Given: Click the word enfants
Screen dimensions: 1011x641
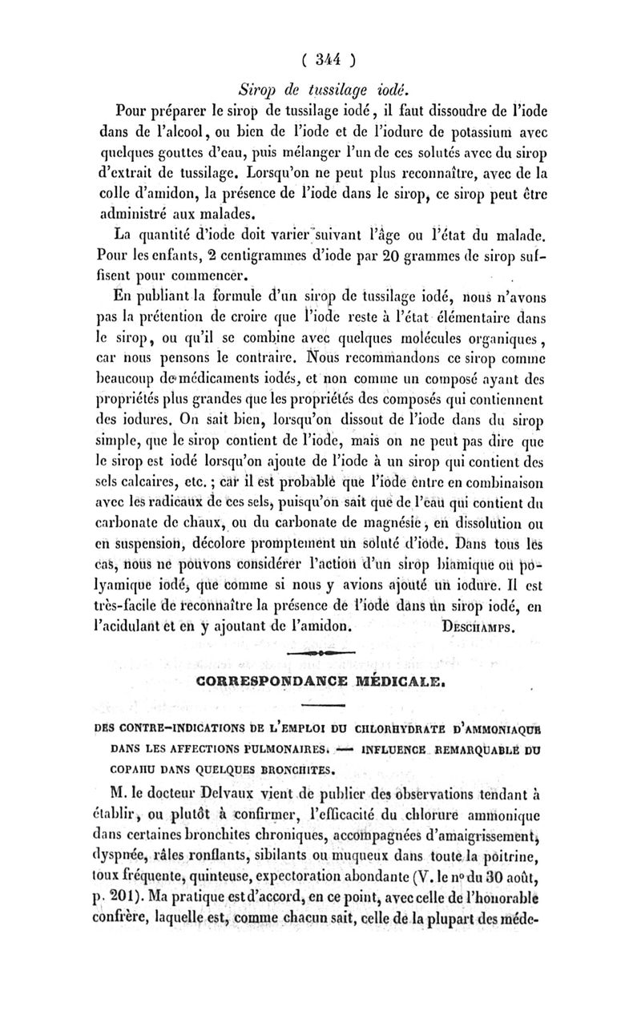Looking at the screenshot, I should click(x=177, y=259).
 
